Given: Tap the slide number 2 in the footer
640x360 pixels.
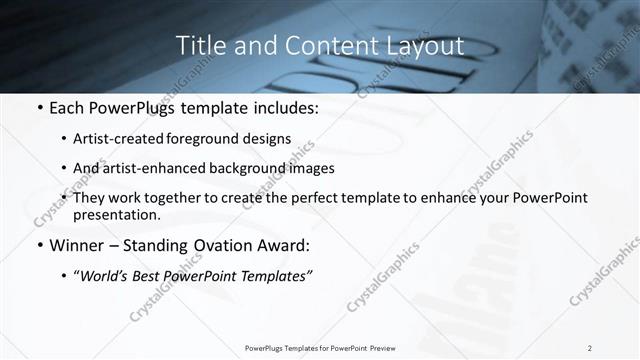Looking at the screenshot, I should pyautogui.click(x=590, y=347).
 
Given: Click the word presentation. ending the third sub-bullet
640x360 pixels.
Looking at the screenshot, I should pyautogui.click(x=116, y=214).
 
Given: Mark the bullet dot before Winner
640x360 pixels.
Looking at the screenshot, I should pyautogui.click(x=38, y=245).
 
